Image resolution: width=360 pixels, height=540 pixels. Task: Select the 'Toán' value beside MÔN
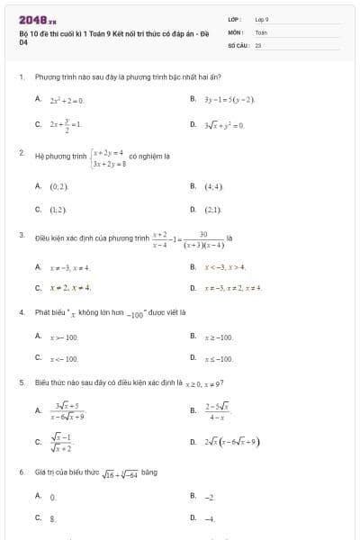(x=261, y=31)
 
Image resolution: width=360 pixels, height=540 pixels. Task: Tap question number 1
(x=21, y=77)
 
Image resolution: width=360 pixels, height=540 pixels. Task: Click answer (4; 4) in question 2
(x=212, y=185)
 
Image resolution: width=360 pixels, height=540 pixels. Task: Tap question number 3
(x=21, y=235)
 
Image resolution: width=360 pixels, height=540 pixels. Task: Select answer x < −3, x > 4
(x=225, y=267)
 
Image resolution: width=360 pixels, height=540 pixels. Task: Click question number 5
(x=21, y=382)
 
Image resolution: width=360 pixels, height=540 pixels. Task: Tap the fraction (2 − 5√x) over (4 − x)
(x=217, y=410)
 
